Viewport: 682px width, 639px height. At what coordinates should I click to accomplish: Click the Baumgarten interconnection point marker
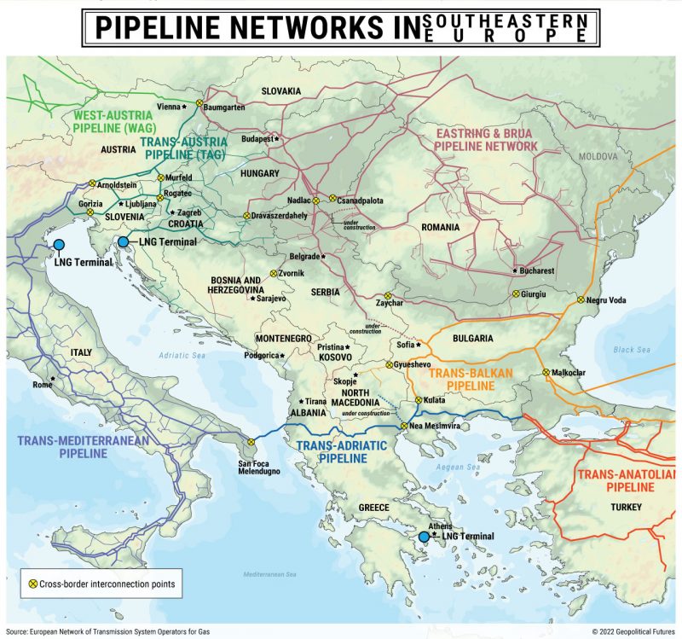[x=199, y=103]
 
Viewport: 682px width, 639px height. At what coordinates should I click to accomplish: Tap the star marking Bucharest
[x=515, y=270]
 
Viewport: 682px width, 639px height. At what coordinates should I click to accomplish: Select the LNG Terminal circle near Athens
[x=424, y=537]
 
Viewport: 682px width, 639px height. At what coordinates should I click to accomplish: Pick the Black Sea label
[x=631, y=350]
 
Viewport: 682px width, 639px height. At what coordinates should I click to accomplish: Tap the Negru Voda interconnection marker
[x=581, y=300]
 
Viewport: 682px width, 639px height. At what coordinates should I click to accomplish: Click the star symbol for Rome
[x=53, y=378]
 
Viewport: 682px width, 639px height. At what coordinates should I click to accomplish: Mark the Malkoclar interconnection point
[x=546, y=372]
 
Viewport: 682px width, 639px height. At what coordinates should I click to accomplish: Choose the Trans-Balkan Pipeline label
[x=461, y=380]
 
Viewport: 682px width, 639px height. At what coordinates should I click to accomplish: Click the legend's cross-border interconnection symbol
[x=33, y=584]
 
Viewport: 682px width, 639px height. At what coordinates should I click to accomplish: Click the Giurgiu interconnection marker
[x=516, y=293]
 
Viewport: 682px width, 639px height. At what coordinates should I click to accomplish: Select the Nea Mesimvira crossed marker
[x=404, y=425]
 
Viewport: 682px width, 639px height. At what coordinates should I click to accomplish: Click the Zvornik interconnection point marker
[x=273, y=275]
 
